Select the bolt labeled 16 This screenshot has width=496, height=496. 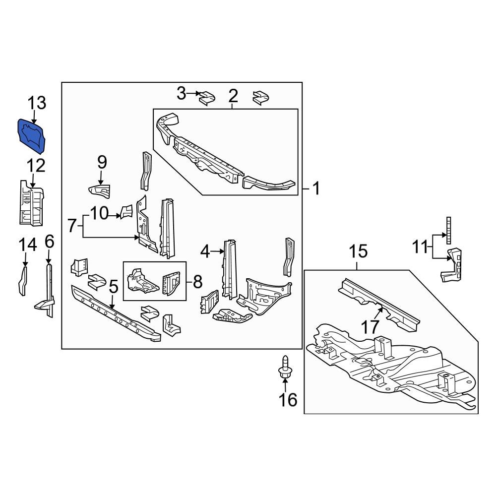coord(285,371)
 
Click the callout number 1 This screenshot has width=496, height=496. coord(315,189)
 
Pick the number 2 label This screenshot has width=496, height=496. coord(233,96)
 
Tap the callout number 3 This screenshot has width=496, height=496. coord(182,92)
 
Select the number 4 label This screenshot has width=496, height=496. coord(205,252)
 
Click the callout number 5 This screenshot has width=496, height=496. coord(114,287)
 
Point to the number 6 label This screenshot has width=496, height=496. coord(49,242)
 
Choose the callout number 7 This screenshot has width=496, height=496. coord(72,226)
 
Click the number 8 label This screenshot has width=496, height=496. coord(197,282)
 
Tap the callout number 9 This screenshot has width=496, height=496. coord(102,162)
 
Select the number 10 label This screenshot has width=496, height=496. coord(99,214)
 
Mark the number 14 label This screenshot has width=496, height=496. coord(27,245)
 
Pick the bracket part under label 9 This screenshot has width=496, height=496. coord(99,190)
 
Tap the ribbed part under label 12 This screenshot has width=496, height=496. coord(31,202)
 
